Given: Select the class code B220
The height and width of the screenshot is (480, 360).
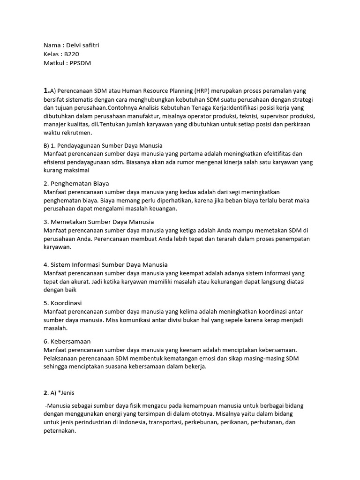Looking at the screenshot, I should [x=73, y=54].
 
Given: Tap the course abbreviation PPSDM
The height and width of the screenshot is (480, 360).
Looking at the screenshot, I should [x=80, y=63].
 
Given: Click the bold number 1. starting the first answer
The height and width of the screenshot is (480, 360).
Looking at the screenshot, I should [x=46, y=90].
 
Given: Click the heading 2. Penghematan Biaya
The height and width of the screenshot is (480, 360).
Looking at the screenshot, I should [x=76, y=183].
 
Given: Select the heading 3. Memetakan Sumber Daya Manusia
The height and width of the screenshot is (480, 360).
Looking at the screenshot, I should [x=98, y=221].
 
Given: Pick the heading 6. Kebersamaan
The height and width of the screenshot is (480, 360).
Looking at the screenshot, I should [x=67, y=341].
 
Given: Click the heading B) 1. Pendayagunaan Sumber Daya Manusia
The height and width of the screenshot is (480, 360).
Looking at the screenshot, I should [x=103, y=145].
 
